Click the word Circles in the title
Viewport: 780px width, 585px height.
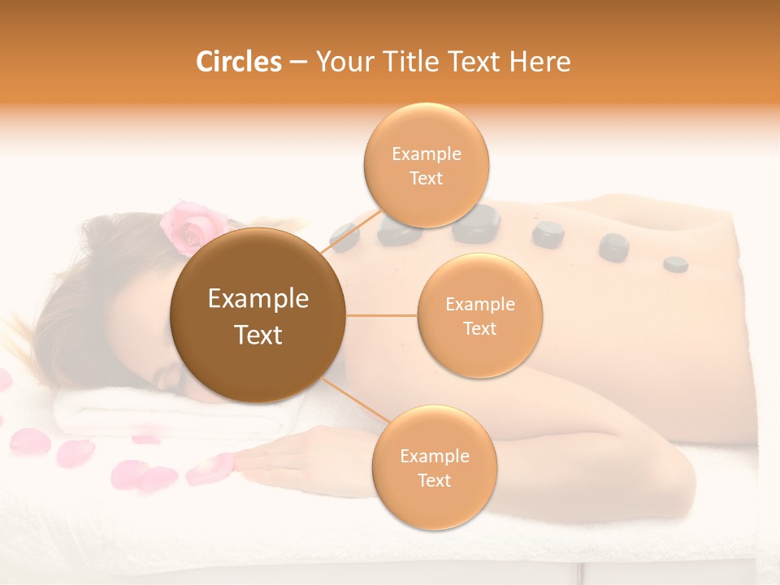point(239,62)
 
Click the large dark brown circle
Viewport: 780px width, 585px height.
point(258,315)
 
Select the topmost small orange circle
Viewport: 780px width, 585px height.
point(426,166)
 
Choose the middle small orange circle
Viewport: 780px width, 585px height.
point(479,315)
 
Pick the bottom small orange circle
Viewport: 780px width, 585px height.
point(434,467)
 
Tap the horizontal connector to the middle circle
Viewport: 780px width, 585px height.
point(382,315)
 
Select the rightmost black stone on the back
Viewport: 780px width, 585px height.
point(675,264)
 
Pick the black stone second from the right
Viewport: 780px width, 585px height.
point(613,247)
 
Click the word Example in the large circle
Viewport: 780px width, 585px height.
point(258,299)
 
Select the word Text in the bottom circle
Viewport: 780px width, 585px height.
point(434,480)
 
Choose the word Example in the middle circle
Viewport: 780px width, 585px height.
point(479,304)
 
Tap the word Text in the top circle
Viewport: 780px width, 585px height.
point(426,179)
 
